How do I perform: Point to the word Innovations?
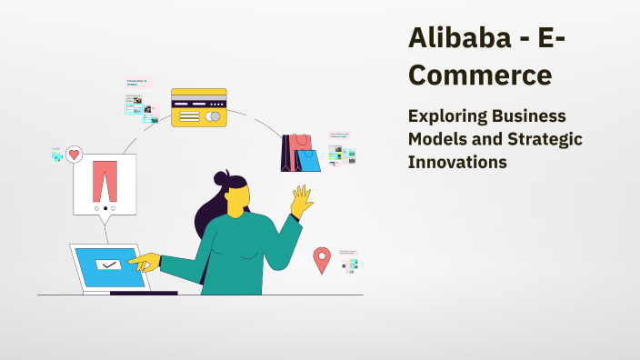pyautogui.click(x=457, y=162)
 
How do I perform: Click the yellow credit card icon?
pyautogui.click(x=198, y=107)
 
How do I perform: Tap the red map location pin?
pyautogui.click(x=321, y=260)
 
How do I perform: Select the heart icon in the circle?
pyautogui.click(x=75, y=155)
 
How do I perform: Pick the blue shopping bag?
pyautogui.click(x=309, y=160)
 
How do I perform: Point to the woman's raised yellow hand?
pyautogui.click(x=300, y=201)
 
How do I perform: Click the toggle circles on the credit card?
pyautogui.click(x=213, y=116)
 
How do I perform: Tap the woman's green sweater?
pyautogui.click(x=241, y=255)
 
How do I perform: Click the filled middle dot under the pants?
pyautogui.click(x=105, y=208)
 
